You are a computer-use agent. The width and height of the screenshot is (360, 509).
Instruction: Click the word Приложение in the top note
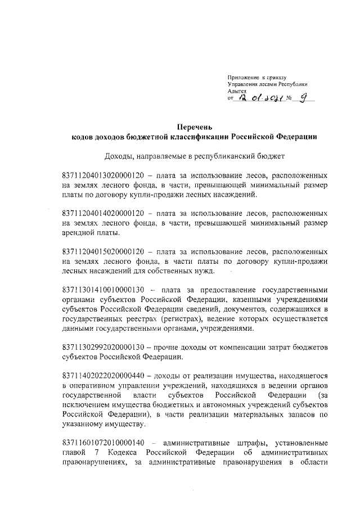click(244, 76)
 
